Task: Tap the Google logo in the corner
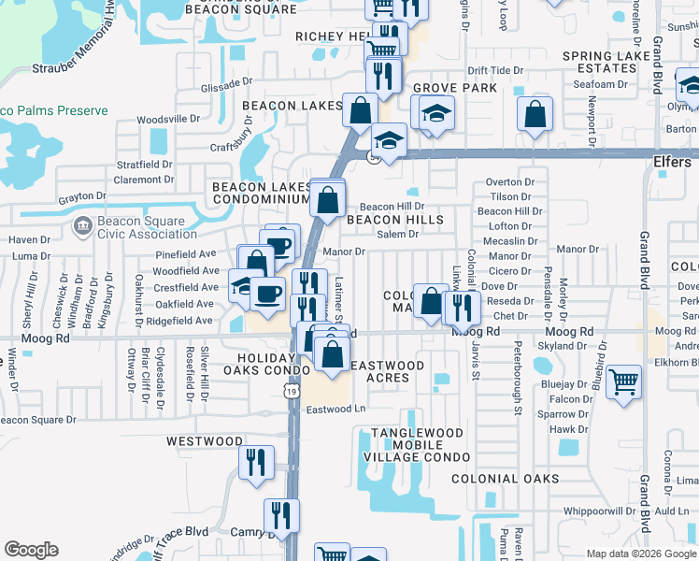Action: coord(31,550)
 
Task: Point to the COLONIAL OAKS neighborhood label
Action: coord(505,479)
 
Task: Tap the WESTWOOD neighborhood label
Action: coord(205,440)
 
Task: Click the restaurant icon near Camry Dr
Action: coord(281,514)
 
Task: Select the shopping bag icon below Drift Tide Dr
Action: coord(535,116)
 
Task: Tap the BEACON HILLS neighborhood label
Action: coord(394,220)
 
